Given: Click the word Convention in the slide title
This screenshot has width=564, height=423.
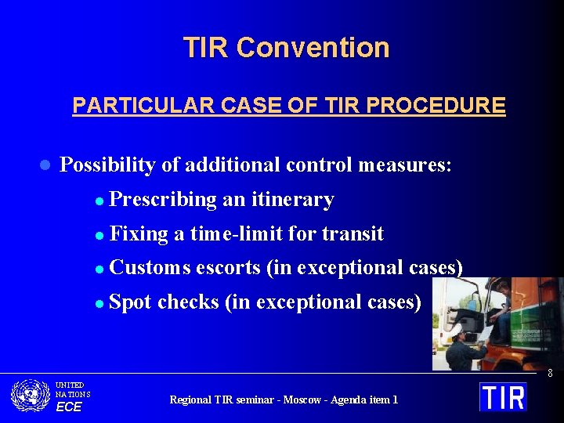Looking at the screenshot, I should pyautogui.click(x=313, y=48).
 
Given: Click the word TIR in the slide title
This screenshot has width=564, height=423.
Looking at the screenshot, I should pyautogui.click(x=206, y=48).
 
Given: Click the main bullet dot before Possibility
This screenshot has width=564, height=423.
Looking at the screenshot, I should pyautogui.click(x=45, y=165).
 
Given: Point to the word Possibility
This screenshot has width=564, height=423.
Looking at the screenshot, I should pyautogui.click(x=108, y=164).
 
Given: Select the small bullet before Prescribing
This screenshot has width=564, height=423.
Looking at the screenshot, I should pyautogui.click(x=99, y=201).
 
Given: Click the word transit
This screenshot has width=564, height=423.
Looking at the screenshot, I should pyautogui.click(x=352, y=233).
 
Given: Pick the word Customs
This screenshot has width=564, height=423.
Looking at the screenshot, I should pyautogui.click(x=150, y=267).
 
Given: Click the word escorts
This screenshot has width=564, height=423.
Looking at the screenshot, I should pyautogui.click(x=227, y=267).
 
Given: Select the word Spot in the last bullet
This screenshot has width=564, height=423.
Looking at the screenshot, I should pyautogui.click(x=131, y=302).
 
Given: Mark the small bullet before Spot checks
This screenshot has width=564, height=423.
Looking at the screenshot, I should pyautogui.click(x=99, y=303).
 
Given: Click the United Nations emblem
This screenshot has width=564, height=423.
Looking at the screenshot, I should pyautogui.click(x=31, y=396).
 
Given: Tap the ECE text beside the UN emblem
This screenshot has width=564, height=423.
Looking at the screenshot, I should pyautogui.click(x=68, y=407).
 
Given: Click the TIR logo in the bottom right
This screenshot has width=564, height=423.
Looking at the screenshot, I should pyautogui.click(x=503, y=396).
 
